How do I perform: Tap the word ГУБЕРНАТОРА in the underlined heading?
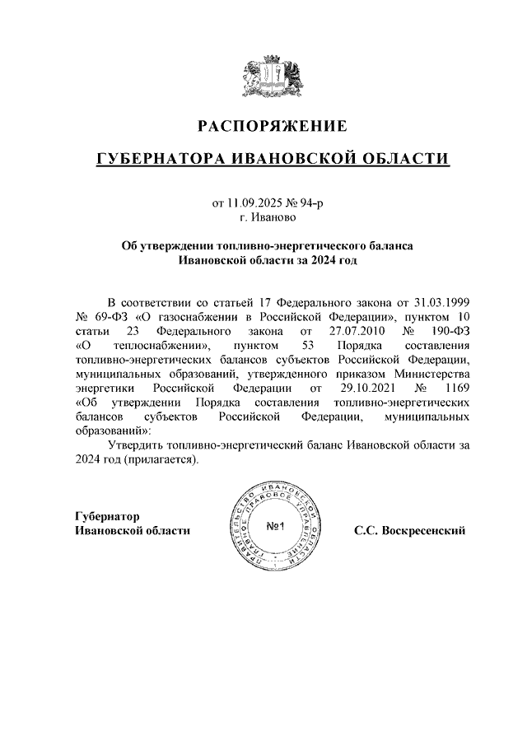click(x=167, y=158)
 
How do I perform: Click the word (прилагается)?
click(x=161, y=460)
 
